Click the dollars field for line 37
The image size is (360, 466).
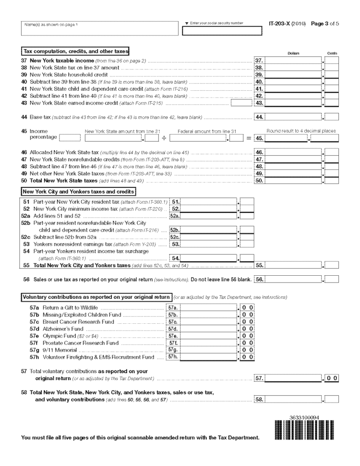click(x=293, y=61)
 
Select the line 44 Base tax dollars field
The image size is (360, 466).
click(x=293, y=117)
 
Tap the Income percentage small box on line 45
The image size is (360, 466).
click(x=66, y=139)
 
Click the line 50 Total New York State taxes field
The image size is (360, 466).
click(x=293, y=181)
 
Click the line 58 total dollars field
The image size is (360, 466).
click(x=293, y=399)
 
